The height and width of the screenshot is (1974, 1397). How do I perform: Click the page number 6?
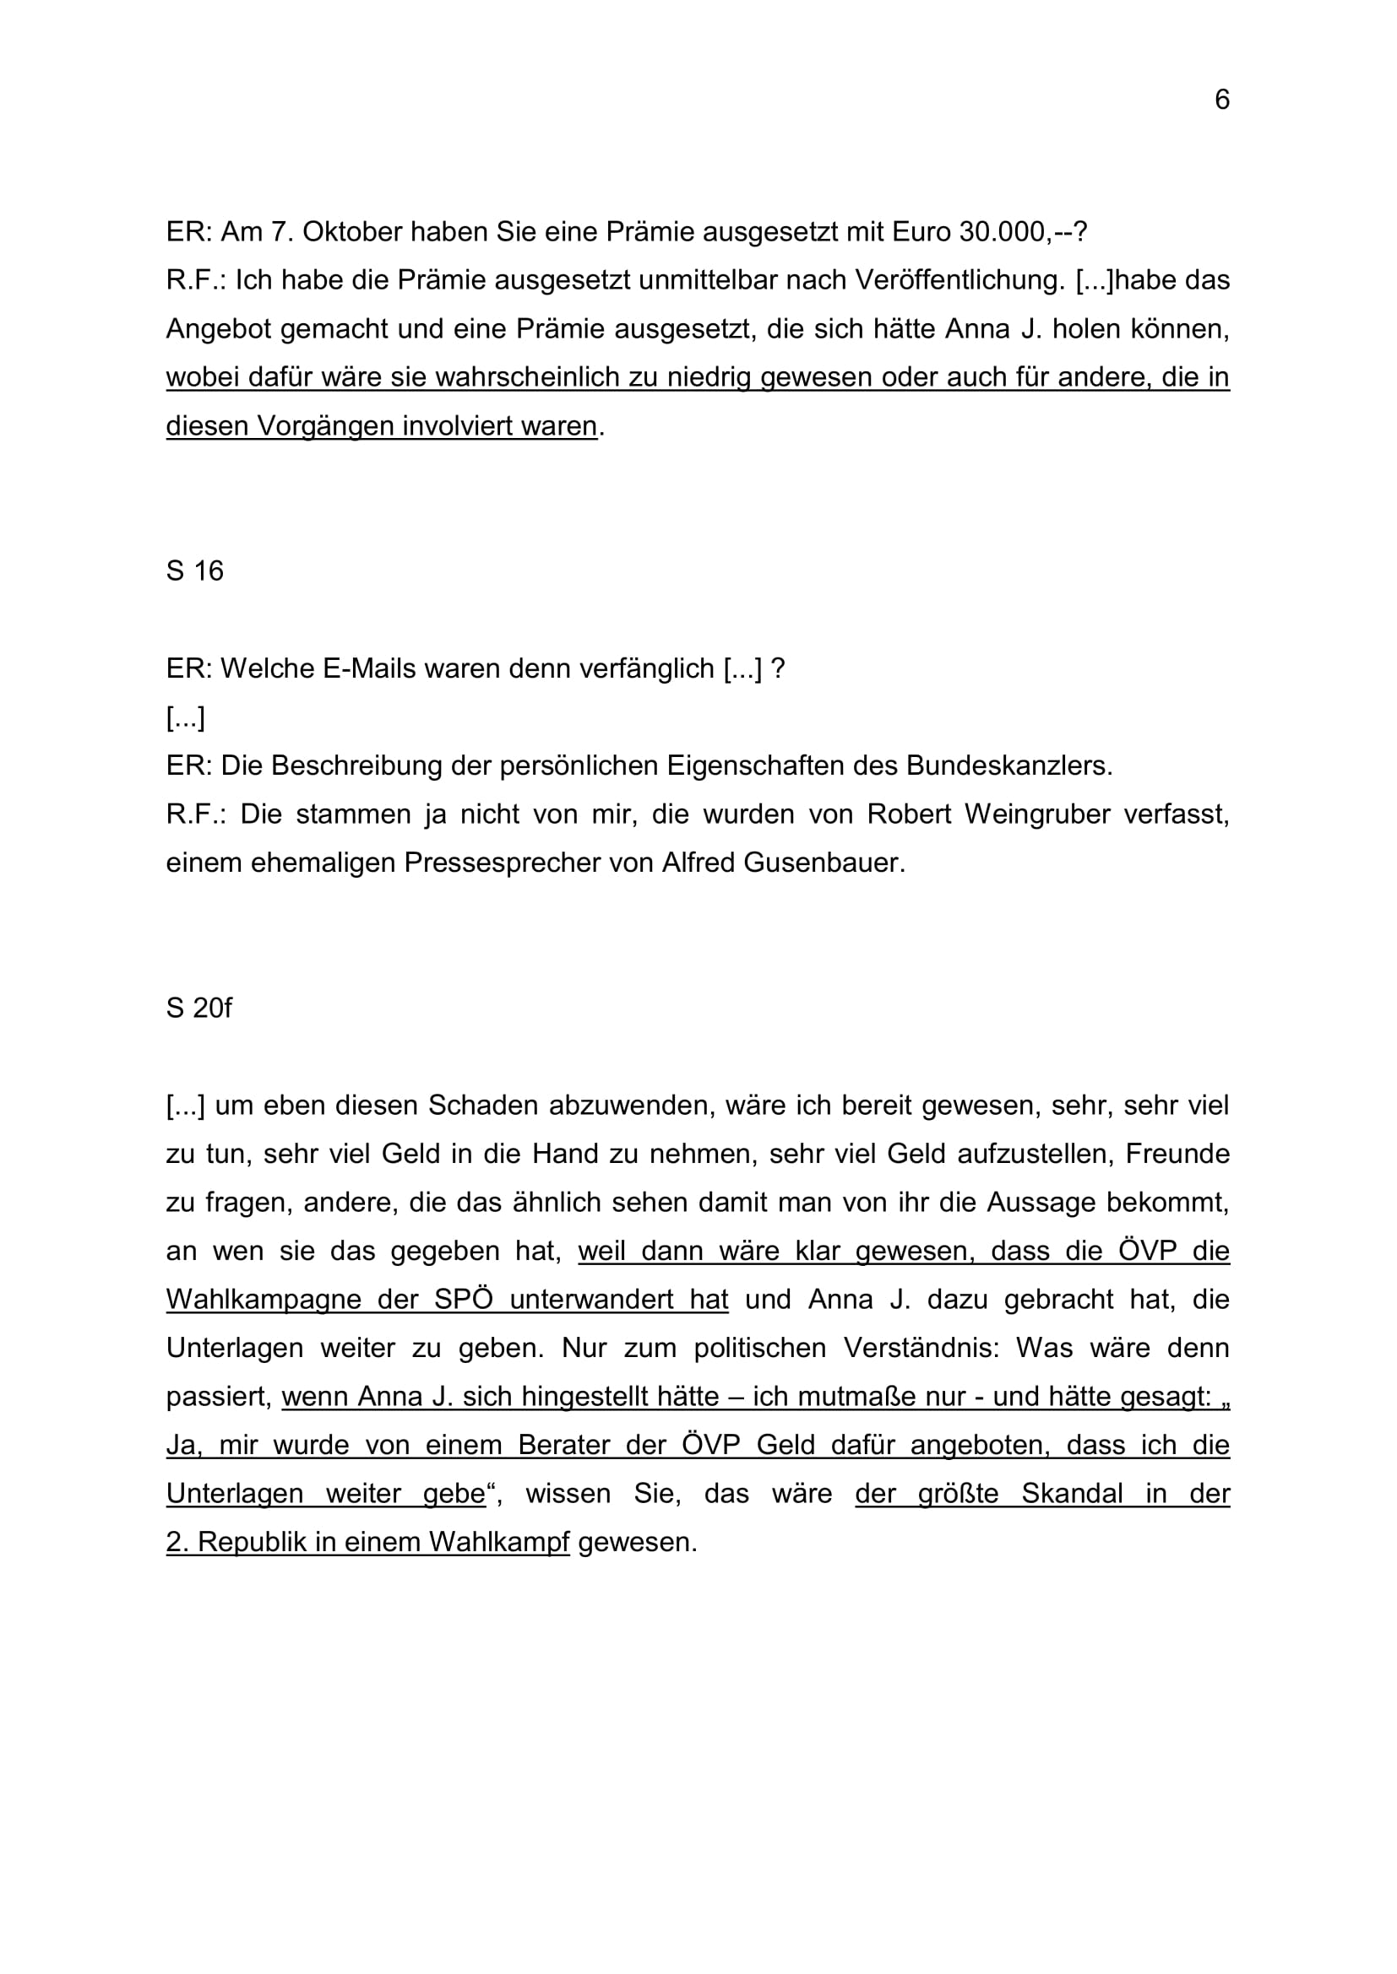1221,100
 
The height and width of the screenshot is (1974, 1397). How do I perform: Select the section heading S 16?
194,571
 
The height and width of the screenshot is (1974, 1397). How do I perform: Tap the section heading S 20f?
198,1008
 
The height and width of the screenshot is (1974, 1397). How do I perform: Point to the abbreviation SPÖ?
464,1299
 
